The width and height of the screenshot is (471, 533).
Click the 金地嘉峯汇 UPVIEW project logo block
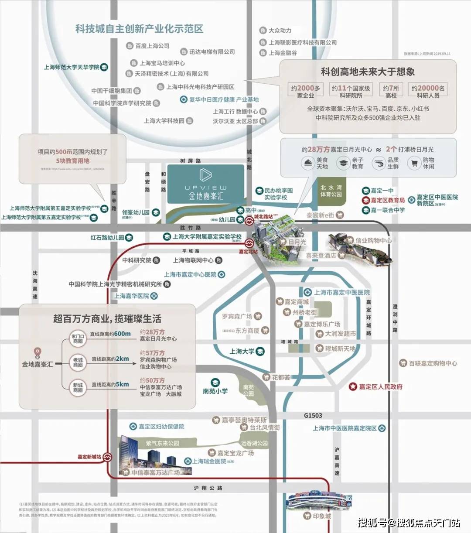click(206, 184)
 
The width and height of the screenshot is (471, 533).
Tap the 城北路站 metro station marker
click(249, 221)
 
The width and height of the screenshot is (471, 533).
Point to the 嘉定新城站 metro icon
click(108, 457)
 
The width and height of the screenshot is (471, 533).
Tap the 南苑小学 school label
click(215, 391)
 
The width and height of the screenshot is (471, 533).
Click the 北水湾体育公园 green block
click(331, 192)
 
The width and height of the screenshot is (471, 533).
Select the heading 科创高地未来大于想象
click(368, 72)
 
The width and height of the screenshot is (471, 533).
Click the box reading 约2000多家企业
click(305, 91)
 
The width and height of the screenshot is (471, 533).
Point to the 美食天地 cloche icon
click(307, 163)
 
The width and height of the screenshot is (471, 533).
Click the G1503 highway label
click(313, 416)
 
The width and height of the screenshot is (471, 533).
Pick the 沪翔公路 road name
click(208, 488)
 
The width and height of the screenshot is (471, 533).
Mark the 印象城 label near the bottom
click(322, 516)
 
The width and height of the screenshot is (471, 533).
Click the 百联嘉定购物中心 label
click(433, 363)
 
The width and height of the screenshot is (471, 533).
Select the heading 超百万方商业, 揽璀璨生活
click(107, 318)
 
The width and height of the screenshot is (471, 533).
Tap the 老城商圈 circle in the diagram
click(78, 362)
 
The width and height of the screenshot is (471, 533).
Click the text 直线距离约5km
click(110, 384)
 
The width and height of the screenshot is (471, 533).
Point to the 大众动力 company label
click(280, 31)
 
